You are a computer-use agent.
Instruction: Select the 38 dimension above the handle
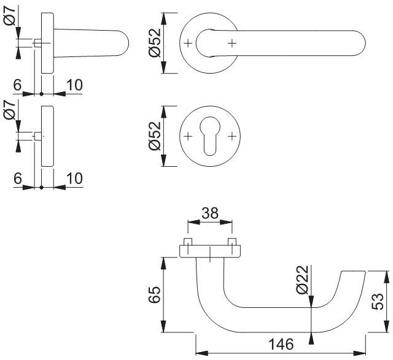(209, 213)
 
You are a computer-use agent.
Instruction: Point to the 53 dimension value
(379, 301)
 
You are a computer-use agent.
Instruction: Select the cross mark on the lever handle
(232, 43)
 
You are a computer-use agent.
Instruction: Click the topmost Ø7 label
(9, 18)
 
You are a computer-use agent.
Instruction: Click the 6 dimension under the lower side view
(18, 178)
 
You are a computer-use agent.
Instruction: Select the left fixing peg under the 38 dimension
(187, 240)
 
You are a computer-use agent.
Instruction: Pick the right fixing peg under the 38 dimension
(232, 240)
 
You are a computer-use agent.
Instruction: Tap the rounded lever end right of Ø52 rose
(361, 43)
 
